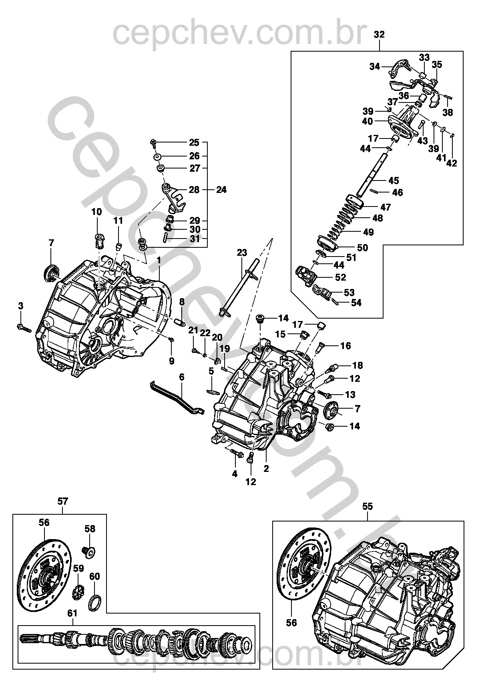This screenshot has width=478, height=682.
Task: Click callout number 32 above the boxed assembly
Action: coord(379,34)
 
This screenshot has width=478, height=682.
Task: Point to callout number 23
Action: coord(242,253)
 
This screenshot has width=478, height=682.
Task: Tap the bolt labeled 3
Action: coord(24,328)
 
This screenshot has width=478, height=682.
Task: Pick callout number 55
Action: coord(368,506)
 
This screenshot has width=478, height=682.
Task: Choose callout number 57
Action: coord(62,501)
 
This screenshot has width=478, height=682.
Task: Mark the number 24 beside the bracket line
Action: coord(221,190)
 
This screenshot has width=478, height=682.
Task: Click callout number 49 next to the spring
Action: coord(368,232)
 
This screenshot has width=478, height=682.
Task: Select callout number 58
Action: coord(90,529)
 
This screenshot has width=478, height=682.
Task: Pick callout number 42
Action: coord(452,163)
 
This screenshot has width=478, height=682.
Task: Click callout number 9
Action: coord(171,361)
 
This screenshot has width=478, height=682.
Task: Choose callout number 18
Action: coord(357,365)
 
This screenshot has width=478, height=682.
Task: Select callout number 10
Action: coord(96,212)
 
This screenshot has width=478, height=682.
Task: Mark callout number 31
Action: coord(195,239)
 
